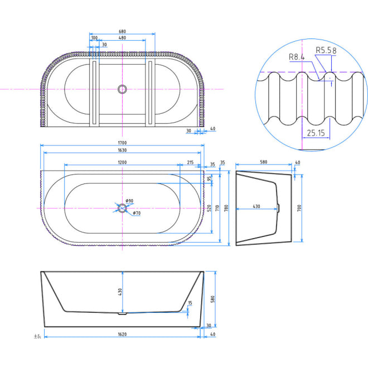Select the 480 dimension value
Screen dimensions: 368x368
click(x=122, y=38)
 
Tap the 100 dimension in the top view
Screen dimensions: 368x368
click(x=94, y=38)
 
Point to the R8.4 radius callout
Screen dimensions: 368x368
click(x=297, y=57)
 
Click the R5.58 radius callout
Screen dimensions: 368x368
click(x=326, y=50)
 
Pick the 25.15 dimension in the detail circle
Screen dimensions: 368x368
click(x=316, y=133)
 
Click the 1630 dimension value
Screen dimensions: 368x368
click(x=122, y=149)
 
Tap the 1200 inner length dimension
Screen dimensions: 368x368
click(x=122, y=162)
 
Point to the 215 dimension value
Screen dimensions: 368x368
click(x=191, y=162)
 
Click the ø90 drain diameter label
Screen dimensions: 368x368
click(x=129, y=201)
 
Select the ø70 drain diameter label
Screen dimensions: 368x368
click(x=135, y=212)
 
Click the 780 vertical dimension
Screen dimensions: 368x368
click(x=226, y=209)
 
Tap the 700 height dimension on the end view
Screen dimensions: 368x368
click(x=299, y=209)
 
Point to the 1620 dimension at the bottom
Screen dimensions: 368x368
click(x=122, y=335)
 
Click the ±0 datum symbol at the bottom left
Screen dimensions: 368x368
click(x=36, y=336)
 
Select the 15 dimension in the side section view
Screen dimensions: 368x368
click(x=190, y=303)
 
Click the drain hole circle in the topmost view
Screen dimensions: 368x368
click(x=122, y=89)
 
